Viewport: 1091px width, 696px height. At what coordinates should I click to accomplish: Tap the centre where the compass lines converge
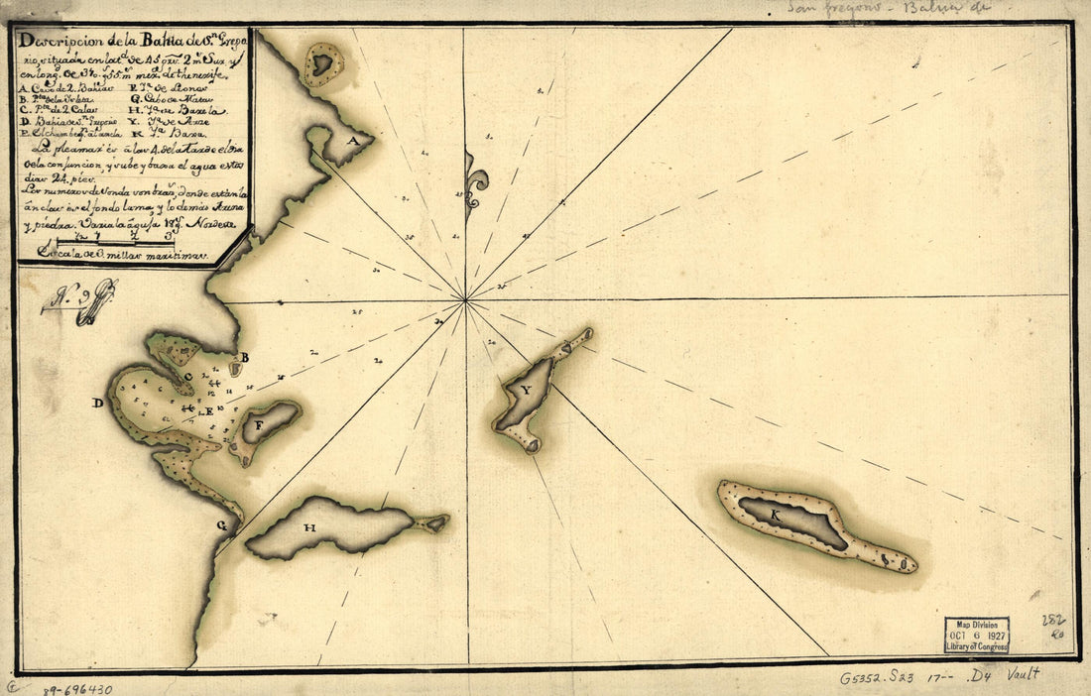(x=466, y=298)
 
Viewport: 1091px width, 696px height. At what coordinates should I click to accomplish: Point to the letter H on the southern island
(x=309, y=528)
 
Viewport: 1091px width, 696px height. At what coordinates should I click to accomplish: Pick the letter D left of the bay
(x=97, y=404)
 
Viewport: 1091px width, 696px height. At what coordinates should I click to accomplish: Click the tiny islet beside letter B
(x=236, y=369)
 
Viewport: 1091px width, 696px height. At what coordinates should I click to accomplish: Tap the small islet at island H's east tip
(x=433, y=522)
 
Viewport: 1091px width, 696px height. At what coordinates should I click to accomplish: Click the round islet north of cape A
(x=322, y=64)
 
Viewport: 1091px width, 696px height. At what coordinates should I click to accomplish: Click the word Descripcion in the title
(x=61, y=43)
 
